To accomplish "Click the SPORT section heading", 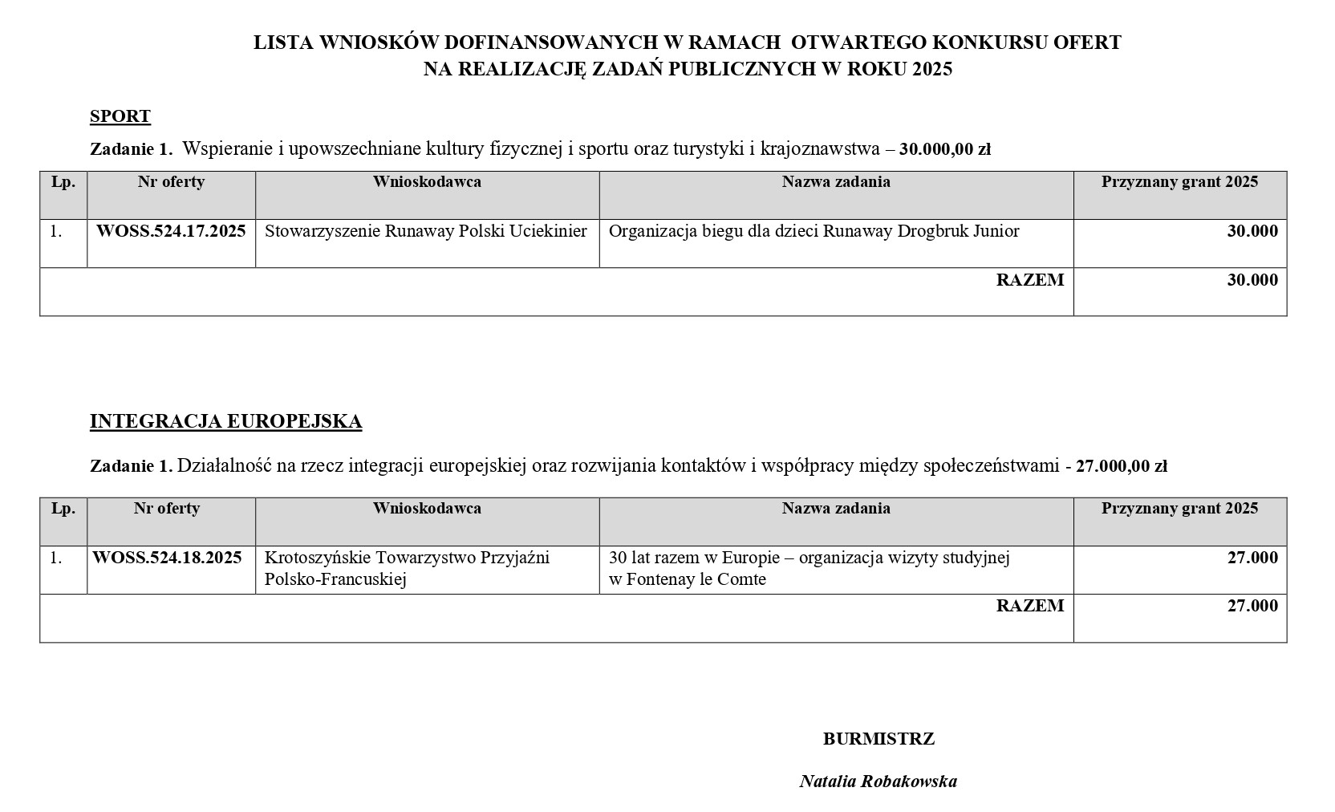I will tap(120, 116).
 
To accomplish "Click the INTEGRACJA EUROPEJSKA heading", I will tap(225, 421).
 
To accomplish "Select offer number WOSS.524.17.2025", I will tap(171, 231).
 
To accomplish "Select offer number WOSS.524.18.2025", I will tap(167, 558).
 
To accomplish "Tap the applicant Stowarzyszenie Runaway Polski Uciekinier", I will tap(426, 231).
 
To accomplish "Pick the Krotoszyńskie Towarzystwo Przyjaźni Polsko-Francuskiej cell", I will tap(407, 568).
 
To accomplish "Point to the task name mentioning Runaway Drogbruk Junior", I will tap(814, 231).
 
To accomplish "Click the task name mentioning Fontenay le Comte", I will tap(809, 568).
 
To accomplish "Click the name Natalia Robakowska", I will tap(878, 781).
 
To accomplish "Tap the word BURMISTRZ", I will tap(879, 739).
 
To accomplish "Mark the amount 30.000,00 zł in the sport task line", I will tap(945, 149).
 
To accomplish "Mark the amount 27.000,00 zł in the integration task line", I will tap(1121, 466).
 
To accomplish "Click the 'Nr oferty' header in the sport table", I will tap(171, 182).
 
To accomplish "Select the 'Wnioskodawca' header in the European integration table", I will tap(427, 508).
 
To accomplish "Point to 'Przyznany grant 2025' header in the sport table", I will tap(1179, 182).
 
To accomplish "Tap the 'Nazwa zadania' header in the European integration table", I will tap(836, 508).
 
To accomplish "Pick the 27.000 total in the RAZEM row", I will tap(1252, 606).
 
